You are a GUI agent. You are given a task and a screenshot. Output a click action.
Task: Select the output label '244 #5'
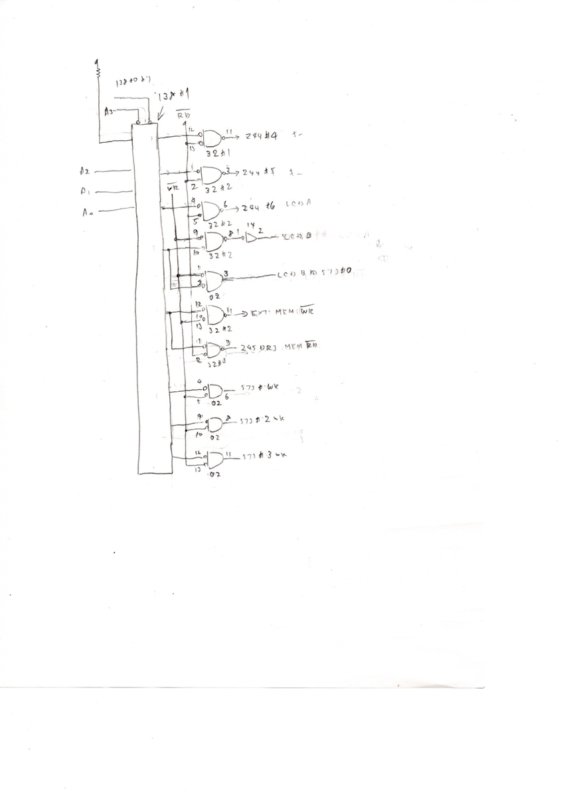click(258, 171)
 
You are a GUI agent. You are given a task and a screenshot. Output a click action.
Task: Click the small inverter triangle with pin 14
click(252, 238)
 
